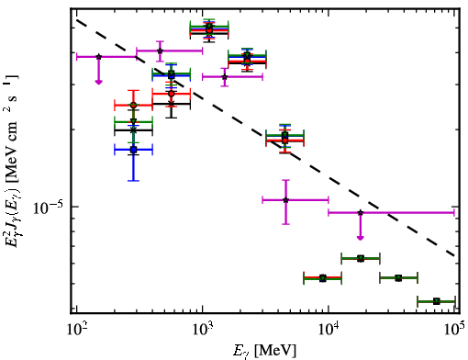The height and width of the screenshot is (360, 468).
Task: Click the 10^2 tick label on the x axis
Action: pos(76,330)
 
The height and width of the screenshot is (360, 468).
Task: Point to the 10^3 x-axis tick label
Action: pos(203,330)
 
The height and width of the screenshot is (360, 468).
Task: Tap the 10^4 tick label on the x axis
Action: pos(329,330)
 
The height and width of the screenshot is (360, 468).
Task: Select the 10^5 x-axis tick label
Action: pos(454,330)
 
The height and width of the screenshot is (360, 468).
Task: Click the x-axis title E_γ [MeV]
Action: pos(264,351)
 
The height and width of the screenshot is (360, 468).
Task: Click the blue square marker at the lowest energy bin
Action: pos(133,150)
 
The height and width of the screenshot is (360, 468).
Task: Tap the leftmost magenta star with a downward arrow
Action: pos(98,57)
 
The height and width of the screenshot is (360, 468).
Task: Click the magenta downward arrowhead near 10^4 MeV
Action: pos(361,238)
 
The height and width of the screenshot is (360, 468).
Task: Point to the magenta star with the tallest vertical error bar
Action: pos(285,200)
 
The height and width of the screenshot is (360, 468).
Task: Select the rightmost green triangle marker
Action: pos(437,301)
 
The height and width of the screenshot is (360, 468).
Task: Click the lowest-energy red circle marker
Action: pos(133,105)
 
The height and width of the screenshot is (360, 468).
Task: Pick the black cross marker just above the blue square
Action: pos(133,130)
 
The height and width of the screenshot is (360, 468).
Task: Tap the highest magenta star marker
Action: pos(160,51)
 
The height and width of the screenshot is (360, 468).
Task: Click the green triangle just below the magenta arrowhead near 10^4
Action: pos(361,259)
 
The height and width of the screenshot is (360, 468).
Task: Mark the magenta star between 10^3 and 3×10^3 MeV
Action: pos(225,77)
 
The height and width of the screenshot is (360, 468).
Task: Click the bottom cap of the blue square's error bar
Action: pos(133,181)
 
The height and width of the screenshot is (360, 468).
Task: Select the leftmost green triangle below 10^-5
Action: pos(322,278)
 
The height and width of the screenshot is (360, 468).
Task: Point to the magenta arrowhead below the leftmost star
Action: pos(98,82)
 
